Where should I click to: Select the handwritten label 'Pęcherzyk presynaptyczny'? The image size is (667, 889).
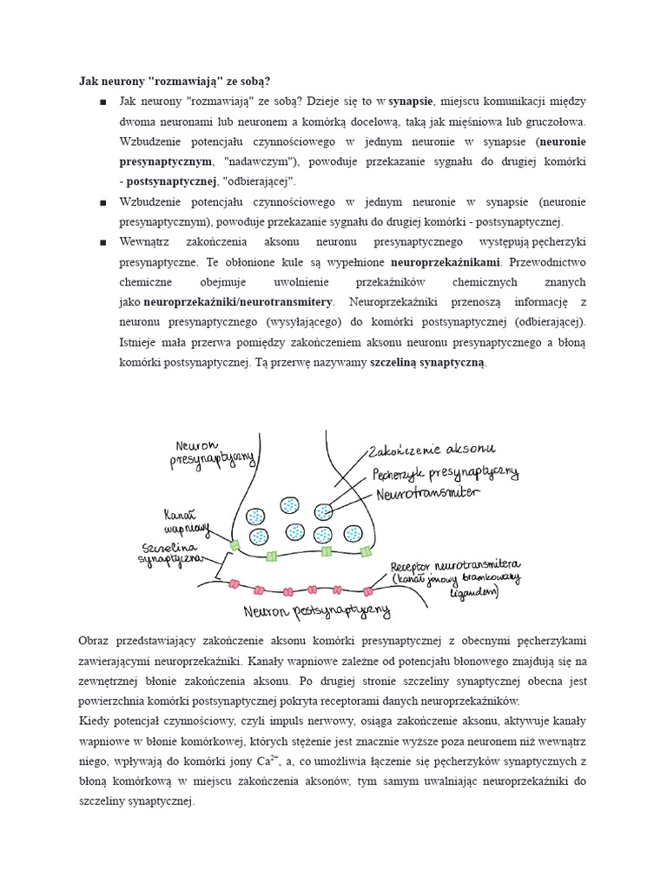[446, 473]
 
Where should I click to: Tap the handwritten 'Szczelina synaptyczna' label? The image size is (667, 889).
[171, 554]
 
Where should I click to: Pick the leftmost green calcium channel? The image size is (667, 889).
[233, 544]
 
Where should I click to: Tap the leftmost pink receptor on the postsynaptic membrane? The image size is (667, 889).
[233, 583]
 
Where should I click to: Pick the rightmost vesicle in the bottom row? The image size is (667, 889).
[353, 534]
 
